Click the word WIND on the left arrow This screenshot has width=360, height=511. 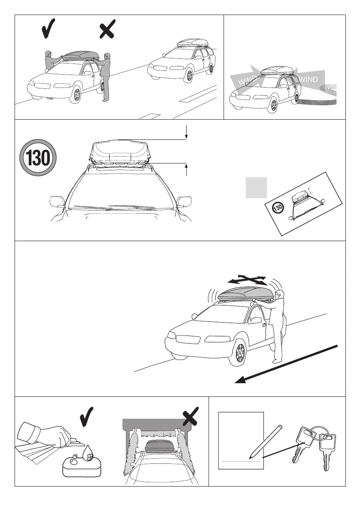tap(248, 80)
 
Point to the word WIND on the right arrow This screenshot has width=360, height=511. tap(309, 79)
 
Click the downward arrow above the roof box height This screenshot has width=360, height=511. tap(187, 132)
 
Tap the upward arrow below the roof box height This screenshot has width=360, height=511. tap(187, 169)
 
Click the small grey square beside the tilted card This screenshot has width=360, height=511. tap(257, 187)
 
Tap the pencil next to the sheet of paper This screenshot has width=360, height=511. tap(266, 440)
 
